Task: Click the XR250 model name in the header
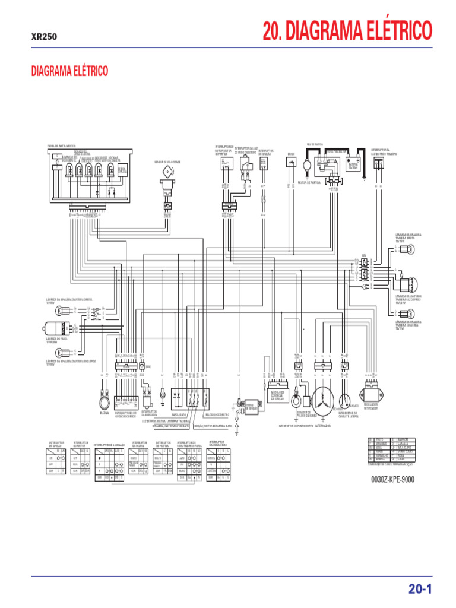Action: coord(44,36)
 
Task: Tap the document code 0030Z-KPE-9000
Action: coord(392,479)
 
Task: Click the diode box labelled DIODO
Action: coord(291,163)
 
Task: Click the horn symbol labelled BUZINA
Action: coord(104,404)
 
